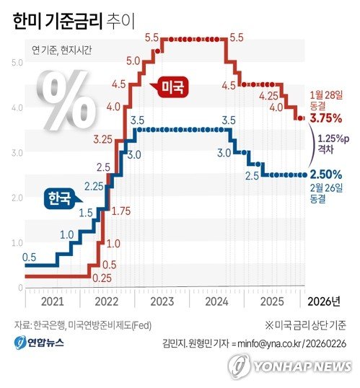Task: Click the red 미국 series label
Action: [x=171, y=89]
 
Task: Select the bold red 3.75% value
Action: [x=325, y=118]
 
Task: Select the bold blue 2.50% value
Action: [x=325, y=174]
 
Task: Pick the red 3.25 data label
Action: [x=102, y=138]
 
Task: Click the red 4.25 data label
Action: [x=268, y=95]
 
